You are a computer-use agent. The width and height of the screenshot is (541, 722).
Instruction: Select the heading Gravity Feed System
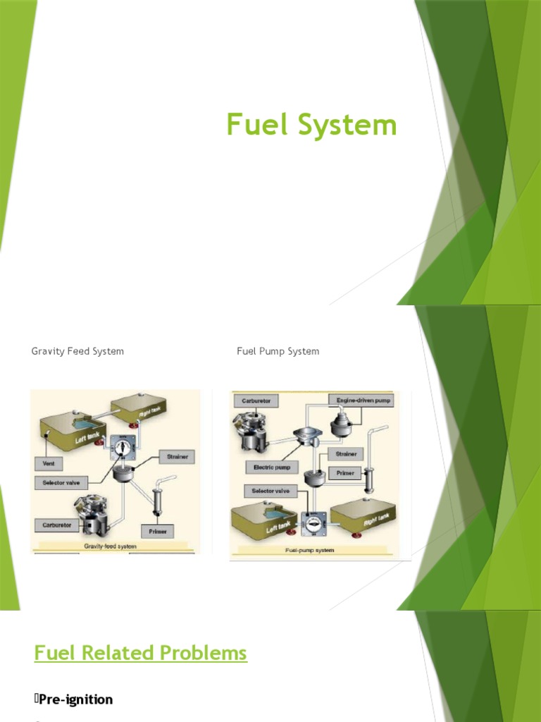click(x=77, y=351)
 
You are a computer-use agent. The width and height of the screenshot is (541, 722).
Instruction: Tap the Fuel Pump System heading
click(x=278, y=351)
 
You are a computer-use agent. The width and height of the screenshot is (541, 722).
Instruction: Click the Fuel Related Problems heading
click(x=141, y=653)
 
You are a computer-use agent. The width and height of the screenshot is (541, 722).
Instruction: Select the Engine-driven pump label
click(x=361, y=400)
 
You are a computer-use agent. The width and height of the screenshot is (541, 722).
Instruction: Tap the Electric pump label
click(x=272, y=467)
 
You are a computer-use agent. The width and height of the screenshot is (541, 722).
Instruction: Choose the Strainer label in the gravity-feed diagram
click(x=177, y=457)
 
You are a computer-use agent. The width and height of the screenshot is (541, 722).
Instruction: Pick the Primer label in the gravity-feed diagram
click(x=157, y=531)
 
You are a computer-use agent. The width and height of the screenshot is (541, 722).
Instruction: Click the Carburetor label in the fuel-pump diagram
click(x=256, y=400)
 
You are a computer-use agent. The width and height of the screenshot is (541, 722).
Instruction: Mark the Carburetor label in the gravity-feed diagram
click(x=57, y=525)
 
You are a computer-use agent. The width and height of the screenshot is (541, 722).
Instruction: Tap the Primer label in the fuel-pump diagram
click(x=345, y=472)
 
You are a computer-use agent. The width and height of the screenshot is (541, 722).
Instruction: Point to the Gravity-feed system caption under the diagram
click(x=111, y=546)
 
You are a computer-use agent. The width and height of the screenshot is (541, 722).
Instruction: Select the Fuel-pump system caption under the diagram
click(x=310, y=550)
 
